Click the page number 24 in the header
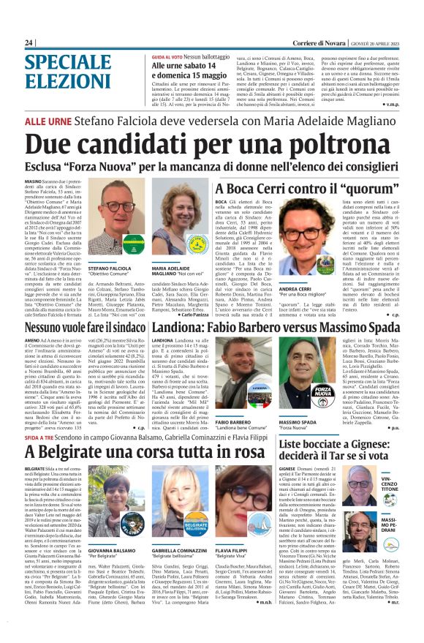point(29,43)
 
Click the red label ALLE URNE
point(49,120)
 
